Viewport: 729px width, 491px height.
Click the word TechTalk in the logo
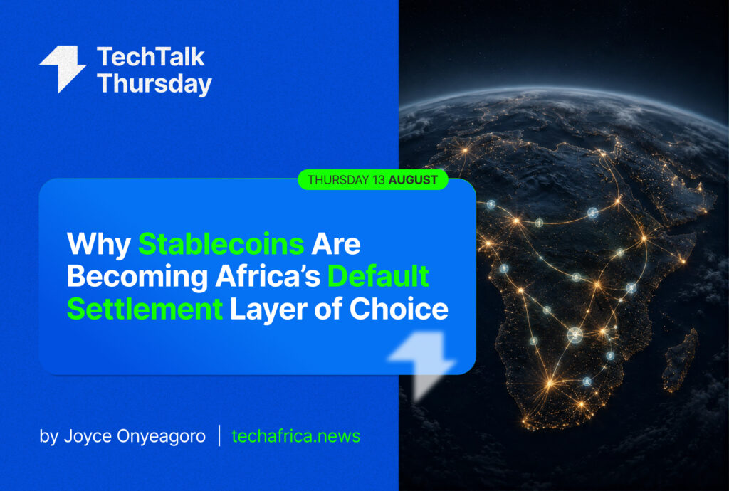[x=151, y=57]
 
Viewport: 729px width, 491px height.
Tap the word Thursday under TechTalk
[x=154, y=85]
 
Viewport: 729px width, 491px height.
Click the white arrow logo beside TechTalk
[x=63, y=69]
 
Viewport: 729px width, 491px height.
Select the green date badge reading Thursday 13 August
[x=373, y=180]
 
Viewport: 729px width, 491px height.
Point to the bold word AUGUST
[x=413, y=180]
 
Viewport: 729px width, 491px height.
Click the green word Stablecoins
[x=221, y=244]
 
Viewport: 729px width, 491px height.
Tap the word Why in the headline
[x=99, y=245]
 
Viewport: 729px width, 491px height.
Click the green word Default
[x=378, y=276]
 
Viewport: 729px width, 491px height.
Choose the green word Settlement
[x=145, y=309]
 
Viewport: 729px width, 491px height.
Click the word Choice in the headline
[x=399, y=308]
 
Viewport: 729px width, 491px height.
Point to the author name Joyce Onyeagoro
[x=135, y=436]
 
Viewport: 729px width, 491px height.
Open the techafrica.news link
[x=295, y=435]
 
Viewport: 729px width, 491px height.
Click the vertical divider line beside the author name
[x=219, y=435]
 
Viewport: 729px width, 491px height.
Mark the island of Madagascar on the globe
[x=680, y=359]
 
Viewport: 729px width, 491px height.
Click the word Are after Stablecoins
[x=336, y=244]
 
